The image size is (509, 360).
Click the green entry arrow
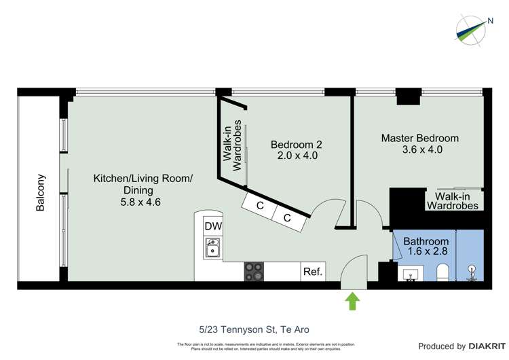pyautogui.click(x=353, y=301)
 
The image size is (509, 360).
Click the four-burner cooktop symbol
pyautogui.click(x=254, y=272)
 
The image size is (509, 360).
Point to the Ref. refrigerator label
pyautogui.click(x=313, y=272)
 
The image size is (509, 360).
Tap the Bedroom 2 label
pyautogui.click(x=296, y=144)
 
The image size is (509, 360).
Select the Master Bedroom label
pyautogui.click(x=419, y=138)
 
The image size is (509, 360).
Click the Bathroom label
pyautogui.click(x=426, y=241)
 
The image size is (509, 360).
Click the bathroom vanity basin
pyautogui.click(x=411, y=274)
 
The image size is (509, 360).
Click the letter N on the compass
pyautogui.click(x=490, y=21)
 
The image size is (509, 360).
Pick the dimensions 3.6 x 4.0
pyautogui.click(x=422, y=149)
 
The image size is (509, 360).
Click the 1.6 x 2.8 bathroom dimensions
pyautogui.click(x=426, y=252)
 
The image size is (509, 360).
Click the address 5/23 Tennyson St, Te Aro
pyautogui.click(x=254, y=329)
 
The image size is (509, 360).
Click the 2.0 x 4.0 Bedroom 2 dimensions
pyautogui.click(x=297, y=156)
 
